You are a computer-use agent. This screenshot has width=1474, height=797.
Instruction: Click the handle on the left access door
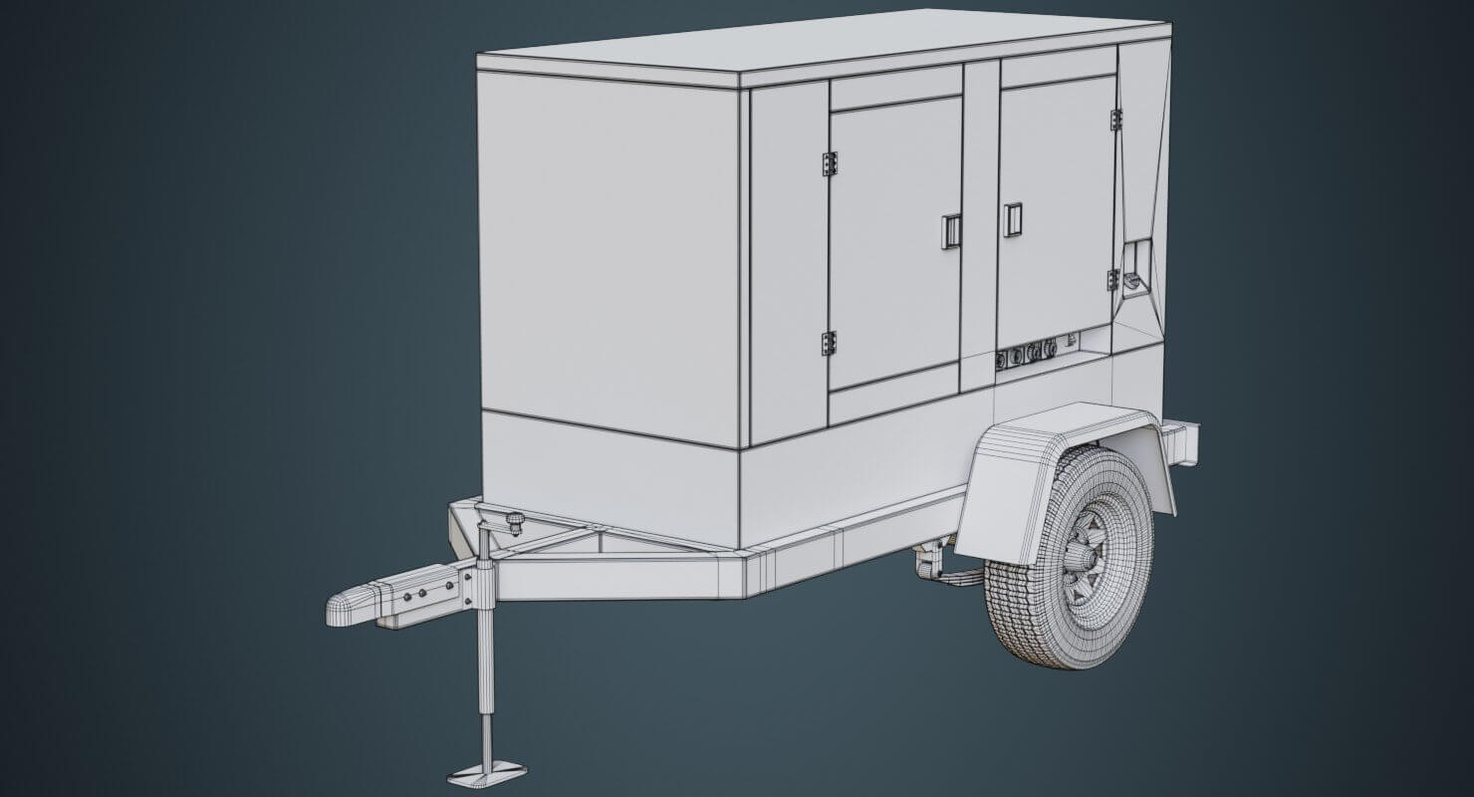click(x=950, y=231)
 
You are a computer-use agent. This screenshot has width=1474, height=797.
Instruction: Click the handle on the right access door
click(x=1013, y=219)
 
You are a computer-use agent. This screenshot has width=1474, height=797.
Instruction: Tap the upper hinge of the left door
click(x=829, y=164)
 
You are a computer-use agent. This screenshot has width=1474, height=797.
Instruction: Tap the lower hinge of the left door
click(x=829, y=344)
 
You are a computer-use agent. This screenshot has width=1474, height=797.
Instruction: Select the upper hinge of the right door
click(x=1115, y=120)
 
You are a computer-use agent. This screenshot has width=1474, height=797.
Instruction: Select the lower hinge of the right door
click(x=1112, y=280)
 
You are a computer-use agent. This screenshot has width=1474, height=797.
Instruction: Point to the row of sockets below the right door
click(x=1031, y=351)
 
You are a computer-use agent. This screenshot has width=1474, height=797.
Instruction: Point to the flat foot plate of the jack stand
click(x=487, y=772)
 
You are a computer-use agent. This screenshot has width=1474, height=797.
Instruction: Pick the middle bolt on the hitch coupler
click(x=422, y=592)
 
